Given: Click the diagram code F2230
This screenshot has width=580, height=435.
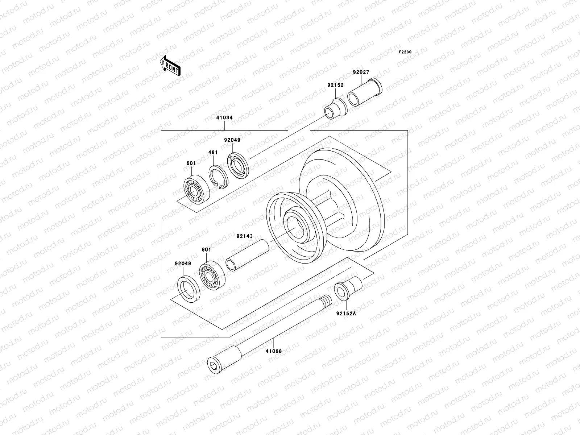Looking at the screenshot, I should tap(405, 52).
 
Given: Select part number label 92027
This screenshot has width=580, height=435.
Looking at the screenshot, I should tap(361, 72).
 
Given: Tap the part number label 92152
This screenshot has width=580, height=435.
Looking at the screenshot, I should tap(335, 86).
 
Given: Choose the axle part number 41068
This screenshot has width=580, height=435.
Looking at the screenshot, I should tap(273, 351).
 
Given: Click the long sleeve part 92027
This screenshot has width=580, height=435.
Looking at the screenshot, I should tap(364, 92).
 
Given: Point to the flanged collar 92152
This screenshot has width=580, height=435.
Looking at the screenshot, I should tap(335, 108).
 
